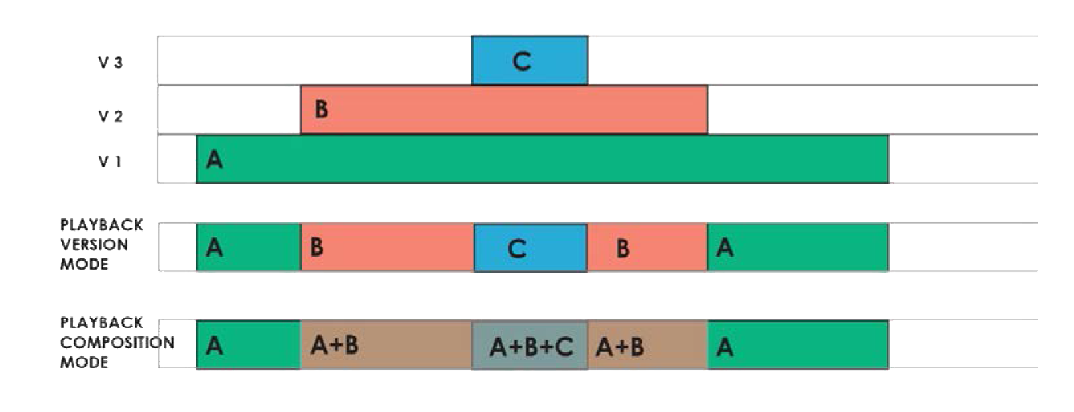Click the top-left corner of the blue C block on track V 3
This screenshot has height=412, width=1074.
[472, 36]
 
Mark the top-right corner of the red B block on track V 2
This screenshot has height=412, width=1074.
[707, 86]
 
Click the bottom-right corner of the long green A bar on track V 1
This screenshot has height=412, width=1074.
[888, 182]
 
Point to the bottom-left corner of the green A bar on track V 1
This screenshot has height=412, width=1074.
[197, 182]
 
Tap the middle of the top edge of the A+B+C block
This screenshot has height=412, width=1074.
[530, 321]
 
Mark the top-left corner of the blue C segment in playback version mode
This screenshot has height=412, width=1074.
[474, 224]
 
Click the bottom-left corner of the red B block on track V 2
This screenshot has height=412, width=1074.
[300, 134]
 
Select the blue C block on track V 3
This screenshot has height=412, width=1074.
[530, 60]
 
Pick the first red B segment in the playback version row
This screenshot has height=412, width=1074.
[387, 247]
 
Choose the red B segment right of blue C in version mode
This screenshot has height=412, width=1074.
[647, 247]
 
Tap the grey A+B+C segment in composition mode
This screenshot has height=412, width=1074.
[530, 346]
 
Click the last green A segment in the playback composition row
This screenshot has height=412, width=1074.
[798, 345]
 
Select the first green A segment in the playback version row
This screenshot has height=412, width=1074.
[249, 247]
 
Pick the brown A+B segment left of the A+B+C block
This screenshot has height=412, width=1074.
[387, 345]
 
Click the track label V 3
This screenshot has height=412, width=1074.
[111, 63]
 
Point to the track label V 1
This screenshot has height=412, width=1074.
[110, 162]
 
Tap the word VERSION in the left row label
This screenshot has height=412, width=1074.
[94, 245]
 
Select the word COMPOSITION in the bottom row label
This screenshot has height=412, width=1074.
[117, 342]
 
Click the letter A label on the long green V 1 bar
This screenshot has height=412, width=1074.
[214, 159]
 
